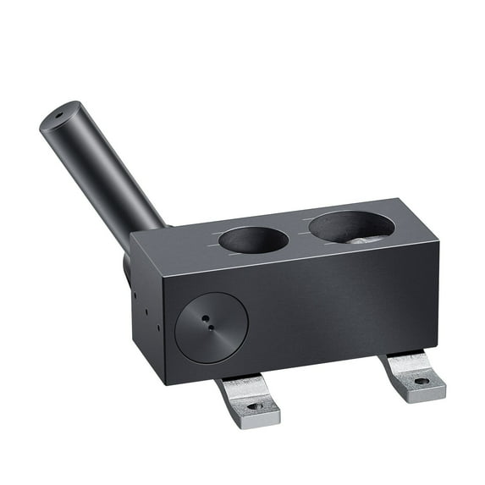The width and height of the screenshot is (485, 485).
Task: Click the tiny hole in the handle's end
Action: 60,113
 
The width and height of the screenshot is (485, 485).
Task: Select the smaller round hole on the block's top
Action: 253,240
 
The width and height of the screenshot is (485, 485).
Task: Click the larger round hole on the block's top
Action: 351,226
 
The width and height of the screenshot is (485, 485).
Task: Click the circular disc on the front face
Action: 212,328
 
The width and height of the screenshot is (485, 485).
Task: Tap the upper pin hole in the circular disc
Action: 206,318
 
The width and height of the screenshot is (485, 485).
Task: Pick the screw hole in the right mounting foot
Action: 421,382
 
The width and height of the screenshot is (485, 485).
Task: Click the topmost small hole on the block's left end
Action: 134,295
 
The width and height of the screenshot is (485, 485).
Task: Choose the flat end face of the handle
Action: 62,116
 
